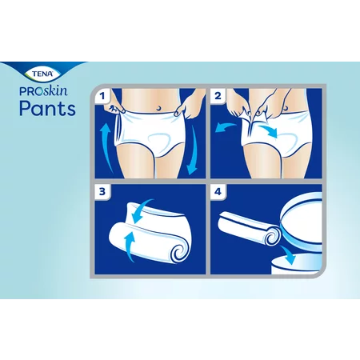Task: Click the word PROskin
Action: pos(43,91)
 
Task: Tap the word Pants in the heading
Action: pos(48,108)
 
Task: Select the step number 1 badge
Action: pos(102,96)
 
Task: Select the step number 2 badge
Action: pos(218,96)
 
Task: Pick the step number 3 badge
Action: pos(102,191)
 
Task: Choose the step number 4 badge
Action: pos(218,191)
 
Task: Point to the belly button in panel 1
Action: pos(158,108)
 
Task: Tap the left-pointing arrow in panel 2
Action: pos(226,127)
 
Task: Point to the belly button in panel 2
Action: pos(286,109)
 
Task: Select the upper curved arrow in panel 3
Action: pos(142,210)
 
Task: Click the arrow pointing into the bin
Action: pos(288,254)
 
